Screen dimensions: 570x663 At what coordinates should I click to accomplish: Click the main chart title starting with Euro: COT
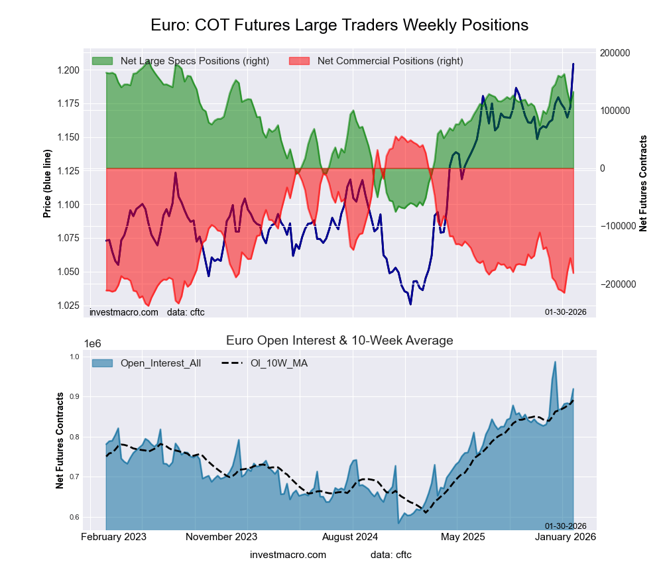pos(339,25)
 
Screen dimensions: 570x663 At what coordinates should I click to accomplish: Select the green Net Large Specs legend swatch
pos(102,61)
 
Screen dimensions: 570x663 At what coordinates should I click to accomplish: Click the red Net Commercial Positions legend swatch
pos(300,61)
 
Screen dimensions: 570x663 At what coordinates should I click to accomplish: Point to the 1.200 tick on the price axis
pos(69,70)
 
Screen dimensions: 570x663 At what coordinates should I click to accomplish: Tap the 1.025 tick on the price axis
pos(69,306)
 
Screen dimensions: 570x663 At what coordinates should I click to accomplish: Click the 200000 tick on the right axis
pos(614,53)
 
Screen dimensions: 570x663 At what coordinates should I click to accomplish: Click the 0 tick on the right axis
pos(603,168)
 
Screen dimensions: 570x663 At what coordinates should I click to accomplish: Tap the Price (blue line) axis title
pos(47,184)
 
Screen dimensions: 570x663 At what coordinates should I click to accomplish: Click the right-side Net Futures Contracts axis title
pos(643,184)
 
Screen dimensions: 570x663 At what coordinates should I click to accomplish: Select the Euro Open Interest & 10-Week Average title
pos(339,341)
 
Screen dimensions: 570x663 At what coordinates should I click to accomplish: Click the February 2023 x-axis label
pos(113,536)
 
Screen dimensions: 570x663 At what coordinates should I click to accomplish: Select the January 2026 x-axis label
pos(566,536)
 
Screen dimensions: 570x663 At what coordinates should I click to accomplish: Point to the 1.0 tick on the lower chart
pos(75,357)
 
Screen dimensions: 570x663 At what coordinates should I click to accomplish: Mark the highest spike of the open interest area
pos(555,362)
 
